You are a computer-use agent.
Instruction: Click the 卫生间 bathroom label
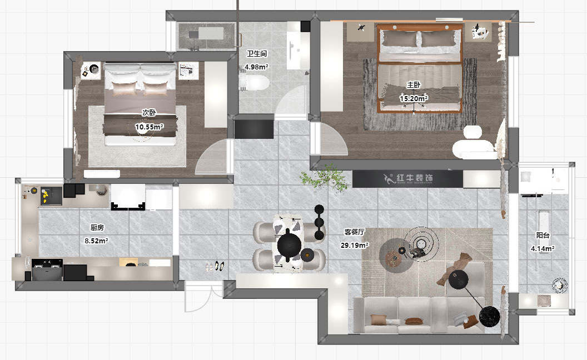[257, 54]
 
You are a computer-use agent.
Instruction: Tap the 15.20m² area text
[414, 98]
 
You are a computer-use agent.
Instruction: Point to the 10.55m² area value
[149, 127]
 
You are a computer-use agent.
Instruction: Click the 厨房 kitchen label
[97, 227]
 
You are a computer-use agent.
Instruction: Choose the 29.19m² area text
[355, 244]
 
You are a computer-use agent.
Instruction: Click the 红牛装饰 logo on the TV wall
[409, 179]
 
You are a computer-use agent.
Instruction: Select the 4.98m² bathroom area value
[257, 67]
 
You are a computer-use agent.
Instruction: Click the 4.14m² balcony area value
[543, 248]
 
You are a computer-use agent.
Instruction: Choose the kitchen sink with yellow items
[46, 195]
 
